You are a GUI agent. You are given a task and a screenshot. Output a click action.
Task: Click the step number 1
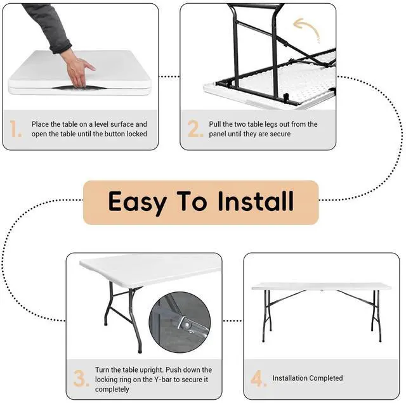pos(15,129)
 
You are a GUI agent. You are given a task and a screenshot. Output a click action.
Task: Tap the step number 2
pos(195,128)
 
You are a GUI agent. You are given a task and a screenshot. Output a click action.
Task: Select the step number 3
pos(81,378)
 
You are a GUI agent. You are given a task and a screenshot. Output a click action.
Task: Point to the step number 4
pos(258,378)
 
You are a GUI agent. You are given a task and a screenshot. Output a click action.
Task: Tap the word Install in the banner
pos(256,201)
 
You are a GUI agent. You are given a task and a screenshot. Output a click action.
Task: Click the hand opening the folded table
pos(78,69)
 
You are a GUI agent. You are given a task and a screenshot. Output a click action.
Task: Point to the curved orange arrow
pos(306,29)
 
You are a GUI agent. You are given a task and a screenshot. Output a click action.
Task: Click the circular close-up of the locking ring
pos(180,322)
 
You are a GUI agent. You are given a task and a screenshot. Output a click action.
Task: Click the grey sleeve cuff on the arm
pos(61,46)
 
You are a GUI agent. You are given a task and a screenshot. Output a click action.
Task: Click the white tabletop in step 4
pos(322,286)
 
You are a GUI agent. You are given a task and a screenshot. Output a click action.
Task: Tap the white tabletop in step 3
pos(150,270)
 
